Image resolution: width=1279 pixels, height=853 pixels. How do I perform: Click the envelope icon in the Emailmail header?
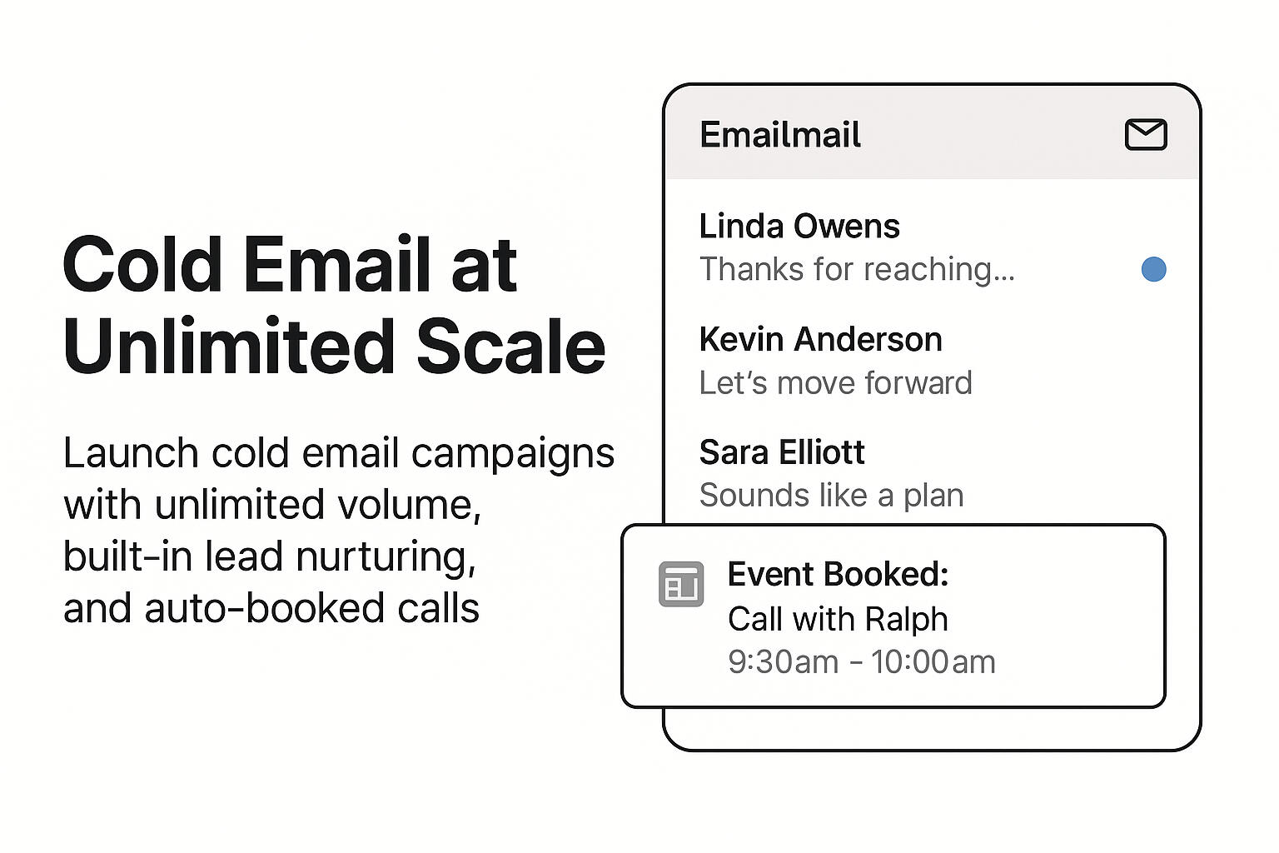[1146, 135]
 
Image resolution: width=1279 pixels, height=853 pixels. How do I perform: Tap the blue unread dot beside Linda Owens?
[1153, 269]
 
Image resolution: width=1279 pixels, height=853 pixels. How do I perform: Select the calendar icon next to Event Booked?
[681, 584]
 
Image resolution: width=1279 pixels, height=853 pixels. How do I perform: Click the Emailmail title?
[780, 135]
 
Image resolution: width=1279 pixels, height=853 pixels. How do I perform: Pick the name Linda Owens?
[799, 226]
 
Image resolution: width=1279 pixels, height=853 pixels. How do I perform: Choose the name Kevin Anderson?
[820, 339]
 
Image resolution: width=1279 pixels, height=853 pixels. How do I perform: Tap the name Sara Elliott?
[782, 452]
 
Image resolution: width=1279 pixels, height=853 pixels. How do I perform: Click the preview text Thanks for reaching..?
[857, 269]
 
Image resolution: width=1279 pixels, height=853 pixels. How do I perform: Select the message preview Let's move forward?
[835, 382]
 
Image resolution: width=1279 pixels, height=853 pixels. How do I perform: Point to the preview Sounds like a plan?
[831, 495]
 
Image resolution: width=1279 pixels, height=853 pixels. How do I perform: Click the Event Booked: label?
[838, 574]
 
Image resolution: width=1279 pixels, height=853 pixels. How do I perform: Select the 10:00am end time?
[933, 662]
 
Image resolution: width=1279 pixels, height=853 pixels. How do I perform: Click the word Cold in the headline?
[142, 265]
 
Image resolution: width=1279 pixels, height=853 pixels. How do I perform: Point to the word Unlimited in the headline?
[229, 346]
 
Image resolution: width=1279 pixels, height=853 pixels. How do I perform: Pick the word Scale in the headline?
[511, 346]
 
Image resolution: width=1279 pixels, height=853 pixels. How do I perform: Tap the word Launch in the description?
[131, 453]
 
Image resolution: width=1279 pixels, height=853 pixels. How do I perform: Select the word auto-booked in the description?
[264, 608]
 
